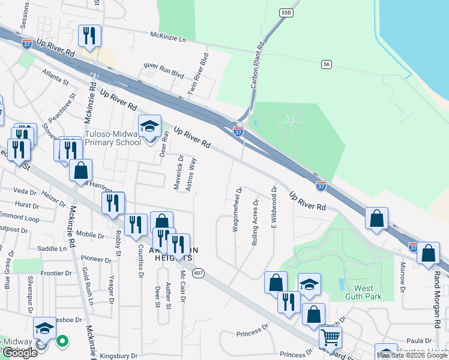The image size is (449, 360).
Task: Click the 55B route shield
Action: click(285, 11)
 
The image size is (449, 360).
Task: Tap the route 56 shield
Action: click(327, 64)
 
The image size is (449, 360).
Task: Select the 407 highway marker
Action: click(197, 272)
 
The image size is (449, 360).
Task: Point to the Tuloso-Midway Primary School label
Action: click(114, 138)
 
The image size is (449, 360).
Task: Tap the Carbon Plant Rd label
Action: click(256, 65)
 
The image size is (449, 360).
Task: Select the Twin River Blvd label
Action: click(200, 74)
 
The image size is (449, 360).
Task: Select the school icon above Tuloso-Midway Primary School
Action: click(149, 125)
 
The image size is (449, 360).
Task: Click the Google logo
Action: click(19, 352)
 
